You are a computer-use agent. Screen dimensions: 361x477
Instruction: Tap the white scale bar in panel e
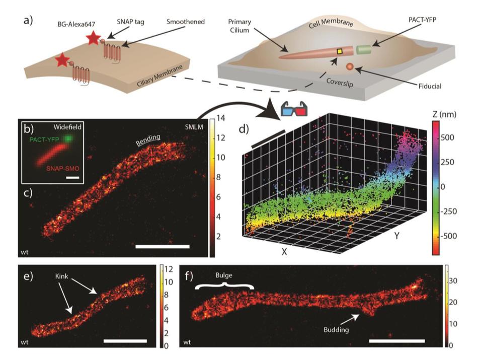coord(125,341)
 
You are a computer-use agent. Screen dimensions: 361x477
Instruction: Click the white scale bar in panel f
coord(396,341)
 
